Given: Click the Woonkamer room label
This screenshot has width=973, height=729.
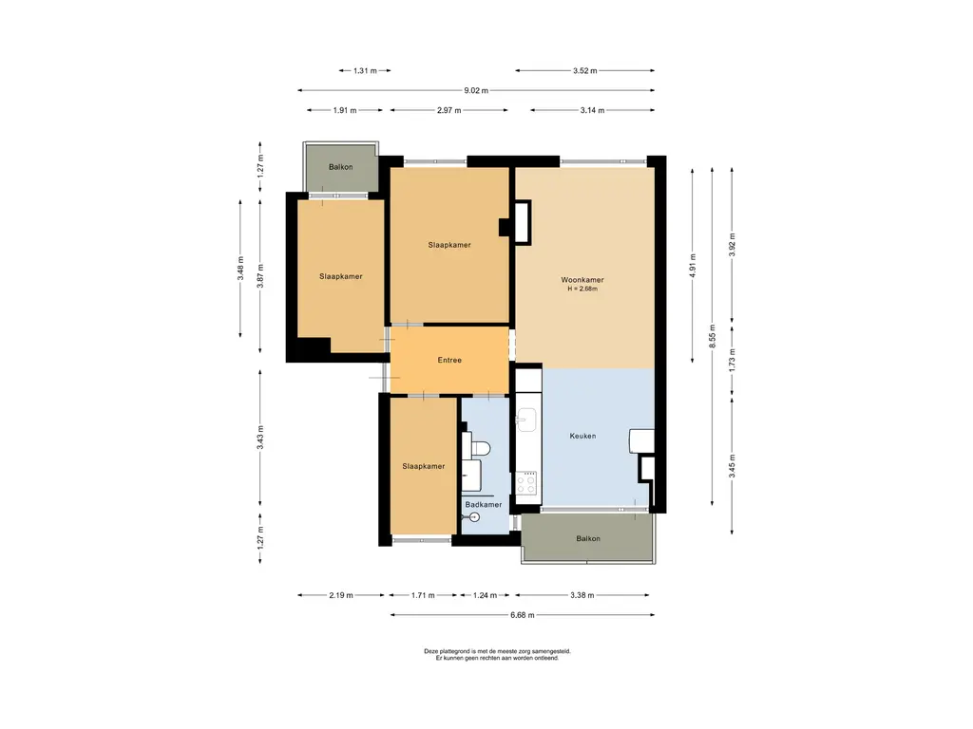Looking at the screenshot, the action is tap(582, 280).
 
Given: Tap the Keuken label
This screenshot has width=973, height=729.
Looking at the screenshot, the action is tap(582, 436).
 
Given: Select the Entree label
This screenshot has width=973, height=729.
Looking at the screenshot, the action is tap(449, 360).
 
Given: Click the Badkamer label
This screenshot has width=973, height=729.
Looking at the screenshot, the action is tap(484, 505).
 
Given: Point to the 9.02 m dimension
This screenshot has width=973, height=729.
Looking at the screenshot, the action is tap(476, 90).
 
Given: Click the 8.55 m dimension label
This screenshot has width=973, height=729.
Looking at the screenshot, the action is tap(713, 336).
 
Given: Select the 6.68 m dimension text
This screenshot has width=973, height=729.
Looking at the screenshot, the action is tap(522, 615).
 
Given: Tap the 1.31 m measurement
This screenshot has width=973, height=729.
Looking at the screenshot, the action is tap(365, 70).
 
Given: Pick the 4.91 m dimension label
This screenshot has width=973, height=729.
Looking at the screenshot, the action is tap(693, 266).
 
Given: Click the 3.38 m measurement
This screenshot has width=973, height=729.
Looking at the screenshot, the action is tap(582, 595).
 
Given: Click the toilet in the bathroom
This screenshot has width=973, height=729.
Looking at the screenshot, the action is tap(477, 448).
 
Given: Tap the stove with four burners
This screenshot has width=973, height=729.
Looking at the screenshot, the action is tap(526, 483).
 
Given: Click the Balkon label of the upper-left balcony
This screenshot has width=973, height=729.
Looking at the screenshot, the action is tap(341, 167).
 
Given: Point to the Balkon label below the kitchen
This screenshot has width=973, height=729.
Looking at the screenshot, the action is tap(587, 539).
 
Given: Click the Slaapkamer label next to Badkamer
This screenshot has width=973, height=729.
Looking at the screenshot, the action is tap(423, 466).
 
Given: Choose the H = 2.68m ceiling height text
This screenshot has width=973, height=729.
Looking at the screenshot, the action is tap(582, 289).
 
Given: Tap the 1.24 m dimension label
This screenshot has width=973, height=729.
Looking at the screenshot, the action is tap(485, 595).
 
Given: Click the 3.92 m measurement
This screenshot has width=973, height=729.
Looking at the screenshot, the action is tap(733, 245).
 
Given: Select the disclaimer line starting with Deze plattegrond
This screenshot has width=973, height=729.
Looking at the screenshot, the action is tap(497, 651).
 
